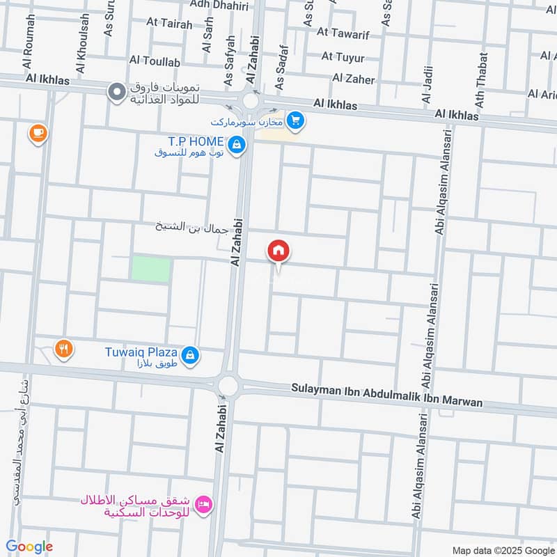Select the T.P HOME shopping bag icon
pos(237,144)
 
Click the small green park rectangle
pos(150,269)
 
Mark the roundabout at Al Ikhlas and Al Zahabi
pos(251,102)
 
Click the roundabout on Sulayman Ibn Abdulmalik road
pos(228,386)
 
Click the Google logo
pos(29,547)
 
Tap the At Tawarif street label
pos(342,33)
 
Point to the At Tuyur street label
pos(343,56)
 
